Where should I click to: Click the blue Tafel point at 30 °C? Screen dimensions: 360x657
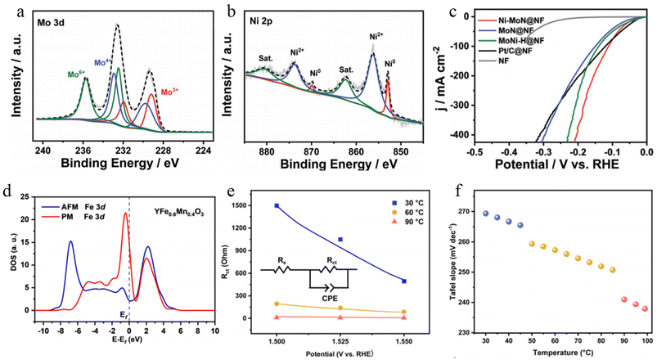(x=485, y=214)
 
